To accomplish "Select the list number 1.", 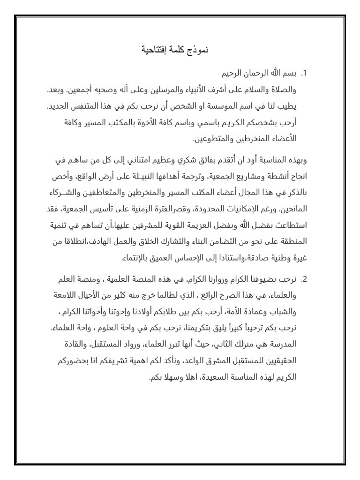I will (304, 74).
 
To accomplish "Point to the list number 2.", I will (304, 279).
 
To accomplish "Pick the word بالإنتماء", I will (139, 258).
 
